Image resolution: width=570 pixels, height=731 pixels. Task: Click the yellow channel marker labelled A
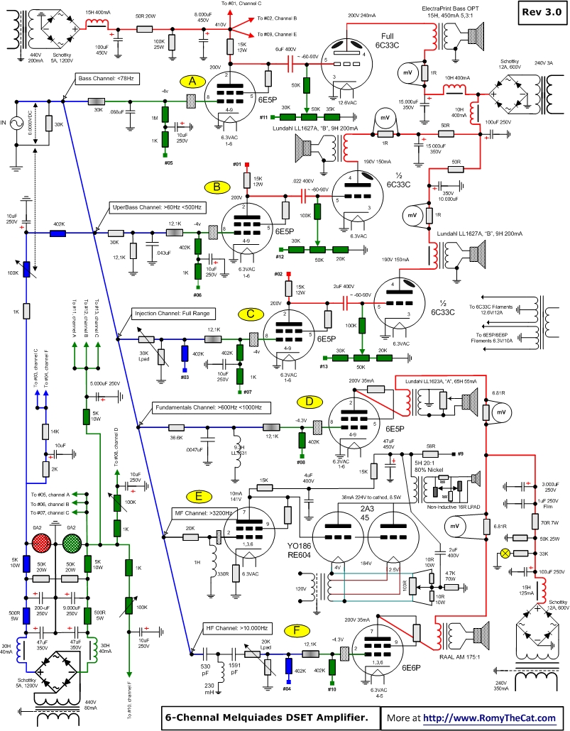pos(192,82)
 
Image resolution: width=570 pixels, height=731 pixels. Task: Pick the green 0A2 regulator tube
pos(72,544)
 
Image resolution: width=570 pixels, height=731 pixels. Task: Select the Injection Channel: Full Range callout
pos(166,313)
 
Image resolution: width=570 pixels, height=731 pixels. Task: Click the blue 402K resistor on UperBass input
pos(57,232)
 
